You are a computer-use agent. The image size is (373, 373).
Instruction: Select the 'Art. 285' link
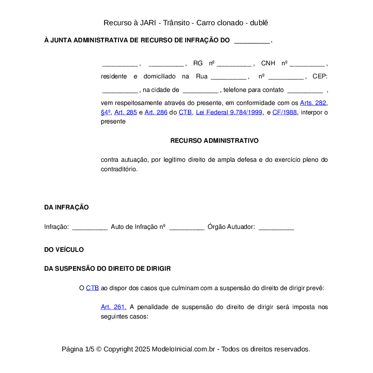125,112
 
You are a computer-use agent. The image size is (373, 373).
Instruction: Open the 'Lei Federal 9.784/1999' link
229,112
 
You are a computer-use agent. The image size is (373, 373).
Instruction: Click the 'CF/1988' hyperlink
285,112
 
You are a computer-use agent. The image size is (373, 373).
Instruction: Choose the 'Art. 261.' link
114,307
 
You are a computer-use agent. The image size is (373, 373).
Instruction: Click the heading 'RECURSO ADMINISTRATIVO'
214,141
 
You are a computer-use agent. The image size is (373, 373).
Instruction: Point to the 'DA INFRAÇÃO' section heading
66,208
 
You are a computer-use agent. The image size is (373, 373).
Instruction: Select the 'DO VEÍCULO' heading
64,250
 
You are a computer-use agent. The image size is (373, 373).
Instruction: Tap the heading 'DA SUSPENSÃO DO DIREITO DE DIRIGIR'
107,268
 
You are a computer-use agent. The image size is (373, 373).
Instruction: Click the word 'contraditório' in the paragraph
118,169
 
